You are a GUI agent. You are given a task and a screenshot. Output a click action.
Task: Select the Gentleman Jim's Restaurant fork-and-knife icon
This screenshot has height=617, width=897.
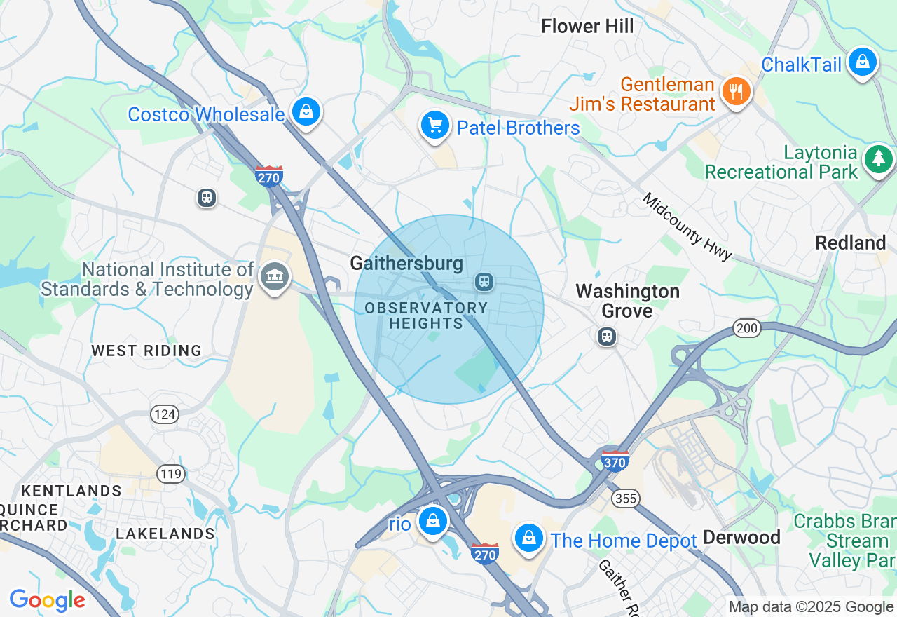pos(735,92)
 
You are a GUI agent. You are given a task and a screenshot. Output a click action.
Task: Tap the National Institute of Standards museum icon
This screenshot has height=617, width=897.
pos(275,278)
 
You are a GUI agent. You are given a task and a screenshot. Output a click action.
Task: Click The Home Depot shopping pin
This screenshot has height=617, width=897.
pos(529,538)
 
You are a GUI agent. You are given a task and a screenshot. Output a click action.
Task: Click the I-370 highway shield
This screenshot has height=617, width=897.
pos(615,461)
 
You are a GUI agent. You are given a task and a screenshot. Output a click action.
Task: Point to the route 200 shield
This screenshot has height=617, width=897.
pos(747,327)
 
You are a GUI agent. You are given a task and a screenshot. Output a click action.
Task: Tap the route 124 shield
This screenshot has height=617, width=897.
pos(165,414)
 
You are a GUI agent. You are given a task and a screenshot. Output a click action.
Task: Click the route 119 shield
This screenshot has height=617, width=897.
pos(171,474)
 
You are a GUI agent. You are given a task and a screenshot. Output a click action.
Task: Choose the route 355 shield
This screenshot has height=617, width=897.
pos(624,499)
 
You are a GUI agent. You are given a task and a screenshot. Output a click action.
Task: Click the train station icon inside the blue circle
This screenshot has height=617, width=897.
pos(484,282)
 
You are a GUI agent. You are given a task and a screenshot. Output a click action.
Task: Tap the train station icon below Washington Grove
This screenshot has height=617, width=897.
pos(607,337)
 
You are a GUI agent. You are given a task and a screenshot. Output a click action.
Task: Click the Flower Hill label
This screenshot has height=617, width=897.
pos(587,27)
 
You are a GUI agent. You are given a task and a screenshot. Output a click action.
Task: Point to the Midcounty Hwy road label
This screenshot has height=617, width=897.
pos(687,226)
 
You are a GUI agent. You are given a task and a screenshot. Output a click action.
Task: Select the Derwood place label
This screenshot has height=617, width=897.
pos(741,538)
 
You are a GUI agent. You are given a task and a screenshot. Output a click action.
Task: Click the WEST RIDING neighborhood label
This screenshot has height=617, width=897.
pos(146,351)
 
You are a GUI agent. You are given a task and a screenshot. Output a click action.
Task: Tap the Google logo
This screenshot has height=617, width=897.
pos(47,600)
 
